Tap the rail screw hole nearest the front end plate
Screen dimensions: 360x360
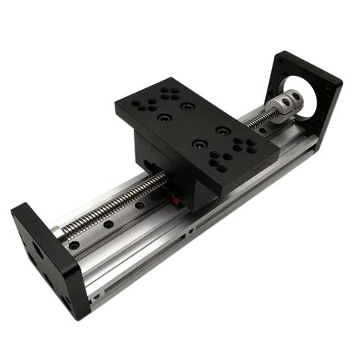coord(73,245)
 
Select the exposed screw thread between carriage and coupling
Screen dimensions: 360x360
coord(263,122)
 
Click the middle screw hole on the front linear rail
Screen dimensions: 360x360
coord(109,226)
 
